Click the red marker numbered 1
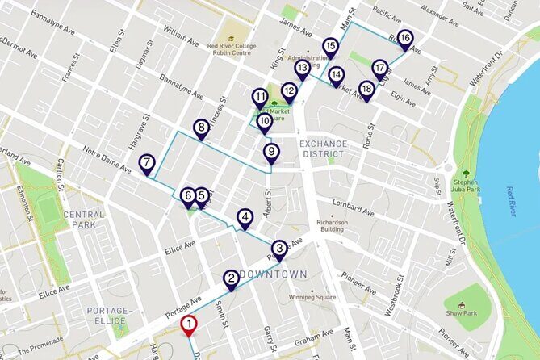click(x=188, y=326)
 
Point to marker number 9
click(x=271, y=152)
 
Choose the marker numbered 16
click(x=404, y=39)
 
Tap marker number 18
click(x=366, y=89)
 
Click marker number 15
click(x=330, y=46)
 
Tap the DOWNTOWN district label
click(x=274, y=274)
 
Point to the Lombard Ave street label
click(x=356, y=213)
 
